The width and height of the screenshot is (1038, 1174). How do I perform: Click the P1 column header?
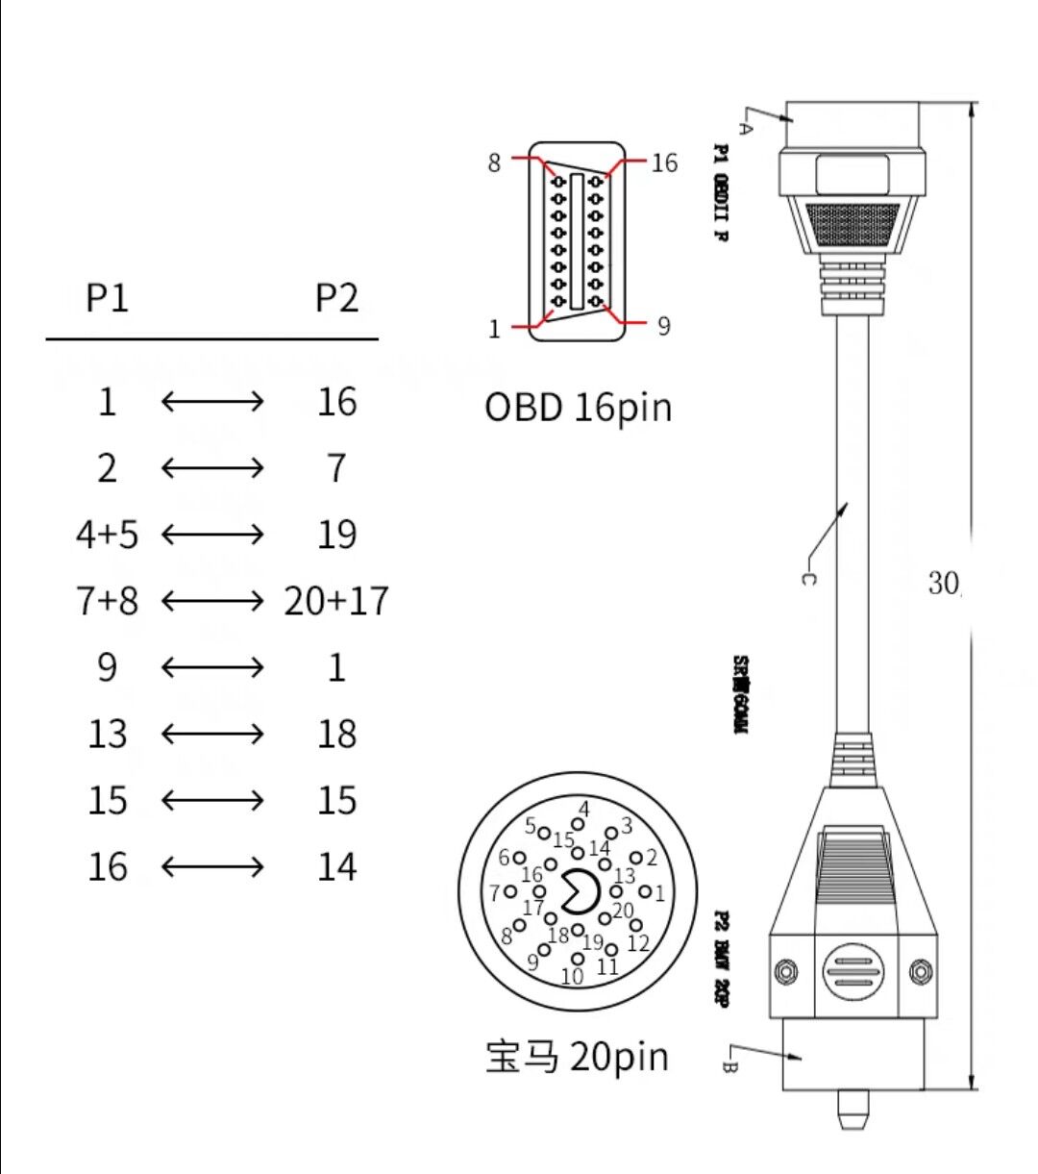pos(107,298)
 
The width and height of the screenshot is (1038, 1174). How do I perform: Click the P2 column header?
pos(336,298)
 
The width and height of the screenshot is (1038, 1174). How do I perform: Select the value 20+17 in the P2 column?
pos(336,601)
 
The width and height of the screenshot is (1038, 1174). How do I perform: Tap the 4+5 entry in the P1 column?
pos(107,535)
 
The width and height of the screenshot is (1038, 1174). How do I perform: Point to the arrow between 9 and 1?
pos(212,667)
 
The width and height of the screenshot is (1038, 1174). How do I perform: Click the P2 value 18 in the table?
pos(336,734)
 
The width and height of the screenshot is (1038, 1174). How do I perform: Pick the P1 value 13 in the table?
pos(107,734)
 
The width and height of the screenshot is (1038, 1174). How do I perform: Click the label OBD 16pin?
pos(578,407)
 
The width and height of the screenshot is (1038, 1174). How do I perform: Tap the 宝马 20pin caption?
pos(577,1056)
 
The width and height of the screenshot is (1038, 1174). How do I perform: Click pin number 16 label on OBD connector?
pos(664,162)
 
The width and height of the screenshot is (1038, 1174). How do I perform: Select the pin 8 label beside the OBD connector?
pos(494,162)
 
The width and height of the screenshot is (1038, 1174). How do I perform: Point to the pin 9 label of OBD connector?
pos(663,326)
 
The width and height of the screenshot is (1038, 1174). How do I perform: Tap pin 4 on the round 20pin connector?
pos(578,823)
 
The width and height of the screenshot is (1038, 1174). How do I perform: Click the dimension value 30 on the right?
pos(943,582)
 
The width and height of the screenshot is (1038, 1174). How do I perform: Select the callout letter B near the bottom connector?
pos(728,1065)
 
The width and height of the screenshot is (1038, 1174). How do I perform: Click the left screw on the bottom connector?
pos(785,971)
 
